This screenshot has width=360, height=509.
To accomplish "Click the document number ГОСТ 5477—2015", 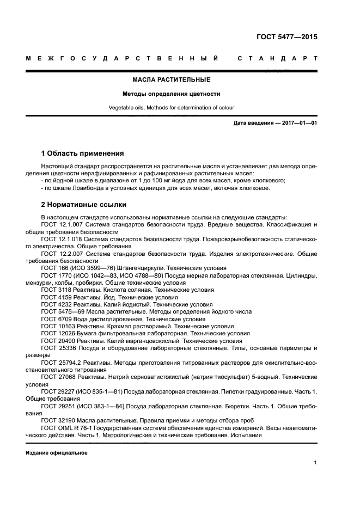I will pyautogui.click(x=286, y=38).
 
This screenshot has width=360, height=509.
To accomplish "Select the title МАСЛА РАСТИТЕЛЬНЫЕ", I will pyautogui.click(x=172, y=80).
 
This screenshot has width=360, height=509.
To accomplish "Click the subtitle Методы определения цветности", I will pyautogui.click(x=172, y=94).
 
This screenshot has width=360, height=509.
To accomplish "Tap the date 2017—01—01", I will pyautogui.click(x=298, y=123).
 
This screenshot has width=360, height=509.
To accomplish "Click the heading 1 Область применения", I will pyautogui.click(x=83, y=153).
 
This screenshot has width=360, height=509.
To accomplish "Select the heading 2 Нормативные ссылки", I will pyautogui.click(x=84, y=205).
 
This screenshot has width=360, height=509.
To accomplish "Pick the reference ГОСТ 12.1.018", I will pyautogui.click(x=62, y=239).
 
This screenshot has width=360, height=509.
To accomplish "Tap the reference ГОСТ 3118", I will pyautogui.click(x=55, y=290).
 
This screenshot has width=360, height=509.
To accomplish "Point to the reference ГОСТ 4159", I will pyautogui.click(x=55, y=298).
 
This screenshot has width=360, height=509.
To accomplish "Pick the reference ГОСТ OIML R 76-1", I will pyautogui.click(x=68, y=428).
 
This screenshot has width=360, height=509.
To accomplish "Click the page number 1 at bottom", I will pyautogui.click(x=315, y=463).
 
